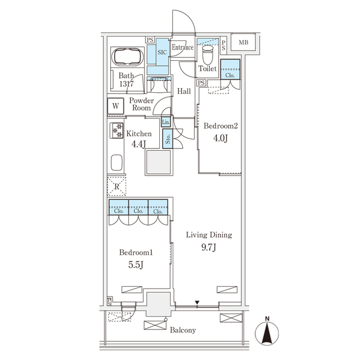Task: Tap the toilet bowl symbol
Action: [x=207, y=55]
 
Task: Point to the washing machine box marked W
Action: [x=116, y=105]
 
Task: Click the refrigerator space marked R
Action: [x=116, y=186]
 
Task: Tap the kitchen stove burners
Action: [x=118, y=131]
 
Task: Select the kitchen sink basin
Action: [x=116, y=163]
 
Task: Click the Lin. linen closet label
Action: [x=165, y=122]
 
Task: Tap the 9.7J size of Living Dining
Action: [x=209, y=247]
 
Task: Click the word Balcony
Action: [x=183, y=330]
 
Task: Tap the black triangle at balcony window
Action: [x=197, y=304]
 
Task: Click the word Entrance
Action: [x=183, y=48]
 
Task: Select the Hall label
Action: [x=183, y=91]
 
